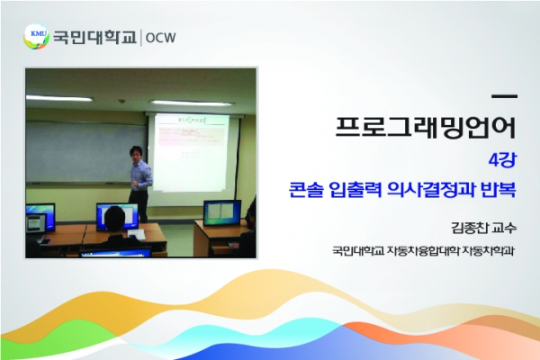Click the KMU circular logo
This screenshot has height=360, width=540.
(36, 36)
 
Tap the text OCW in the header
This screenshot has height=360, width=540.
(161, 38)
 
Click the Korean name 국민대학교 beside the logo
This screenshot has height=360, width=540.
(94, 37)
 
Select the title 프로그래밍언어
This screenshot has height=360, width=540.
(426, 128)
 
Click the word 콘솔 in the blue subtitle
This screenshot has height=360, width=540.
(304, 190)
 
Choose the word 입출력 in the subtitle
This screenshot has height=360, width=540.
(355, 190)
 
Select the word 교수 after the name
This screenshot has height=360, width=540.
(505, 228)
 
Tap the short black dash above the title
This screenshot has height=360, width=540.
(505, 97)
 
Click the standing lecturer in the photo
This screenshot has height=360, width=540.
(140, 183)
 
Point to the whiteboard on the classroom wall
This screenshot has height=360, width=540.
(85, 152)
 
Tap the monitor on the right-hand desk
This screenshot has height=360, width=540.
(222, 212)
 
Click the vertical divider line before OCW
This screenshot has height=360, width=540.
(140, 38)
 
